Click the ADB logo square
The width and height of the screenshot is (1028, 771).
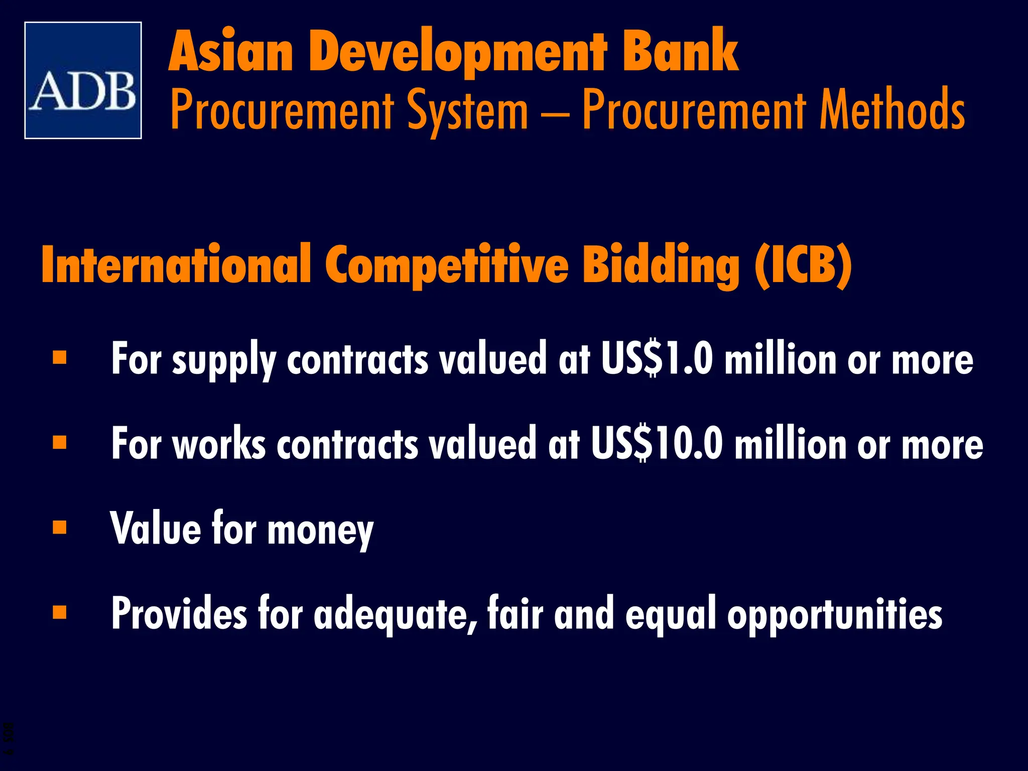point(83,80)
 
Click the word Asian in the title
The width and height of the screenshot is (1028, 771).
point(231,52)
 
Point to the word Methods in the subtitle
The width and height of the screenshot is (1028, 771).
point(892,109)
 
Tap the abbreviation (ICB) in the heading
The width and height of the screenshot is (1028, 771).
point(803,265)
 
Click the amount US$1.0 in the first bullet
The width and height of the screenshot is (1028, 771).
point(657,358)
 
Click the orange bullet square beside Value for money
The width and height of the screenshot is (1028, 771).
point(60,527)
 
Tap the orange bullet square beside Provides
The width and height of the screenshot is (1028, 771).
point(60,612)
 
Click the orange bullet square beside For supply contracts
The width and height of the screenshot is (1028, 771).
point(60,357)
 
